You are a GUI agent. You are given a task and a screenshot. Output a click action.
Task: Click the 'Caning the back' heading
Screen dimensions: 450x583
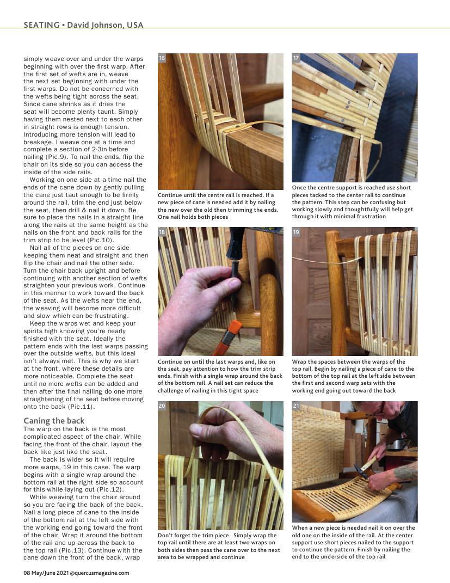tap(54, 421)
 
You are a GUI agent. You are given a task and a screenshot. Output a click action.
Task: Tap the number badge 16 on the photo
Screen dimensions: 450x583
tap(162, 58)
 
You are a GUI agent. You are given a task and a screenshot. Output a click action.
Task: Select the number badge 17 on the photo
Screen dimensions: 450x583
tap(296, 58)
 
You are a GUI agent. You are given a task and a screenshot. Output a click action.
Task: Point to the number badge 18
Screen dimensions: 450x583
tap(162, 232)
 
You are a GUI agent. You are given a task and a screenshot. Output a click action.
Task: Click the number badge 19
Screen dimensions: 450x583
tap(296, 232)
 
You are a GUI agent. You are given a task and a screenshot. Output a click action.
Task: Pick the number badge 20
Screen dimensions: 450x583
tap(162, 406)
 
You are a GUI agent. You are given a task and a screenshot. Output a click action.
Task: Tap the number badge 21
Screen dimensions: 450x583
tap(296, 406)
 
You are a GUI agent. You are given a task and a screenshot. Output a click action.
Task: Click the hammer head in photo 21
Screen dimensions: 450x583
tap(360, 471)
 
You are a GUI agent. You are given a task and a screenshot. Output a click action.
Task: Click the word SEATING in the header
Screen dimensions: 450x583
tap(41, 25)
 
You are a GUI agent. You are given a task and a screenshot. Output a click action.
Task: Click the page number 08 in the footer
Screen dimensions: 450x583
tap(26, 573)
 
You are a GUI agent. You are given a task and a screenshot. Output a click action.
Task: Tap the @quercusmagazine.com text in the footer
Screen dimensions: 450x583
tap(99, 573)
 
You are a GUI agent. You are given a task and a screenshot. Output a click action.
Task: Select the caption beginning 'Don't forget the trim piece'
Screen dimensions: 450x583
tap(219, 546)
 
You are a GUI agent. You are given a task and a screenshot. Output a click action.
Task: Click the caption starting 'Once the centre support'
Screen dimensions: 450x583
tap(353, 202)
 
